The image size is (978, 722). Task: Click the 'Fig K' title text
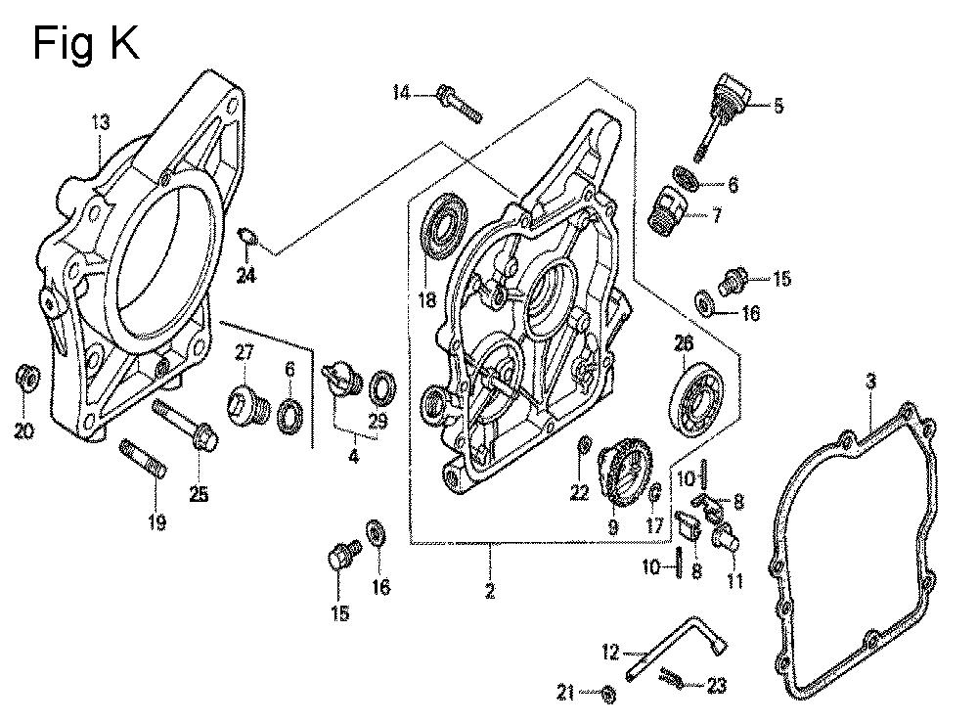86,43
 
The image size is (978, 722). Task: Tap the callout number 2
489,591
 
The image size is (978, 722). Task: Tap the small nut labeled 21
607,694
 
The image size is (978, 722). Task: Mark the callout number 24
244,276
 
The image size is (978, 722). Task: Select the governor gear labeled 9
617,469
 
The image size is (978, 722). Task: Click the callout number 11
733,581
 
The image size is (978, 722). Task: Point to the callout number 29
378,422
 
